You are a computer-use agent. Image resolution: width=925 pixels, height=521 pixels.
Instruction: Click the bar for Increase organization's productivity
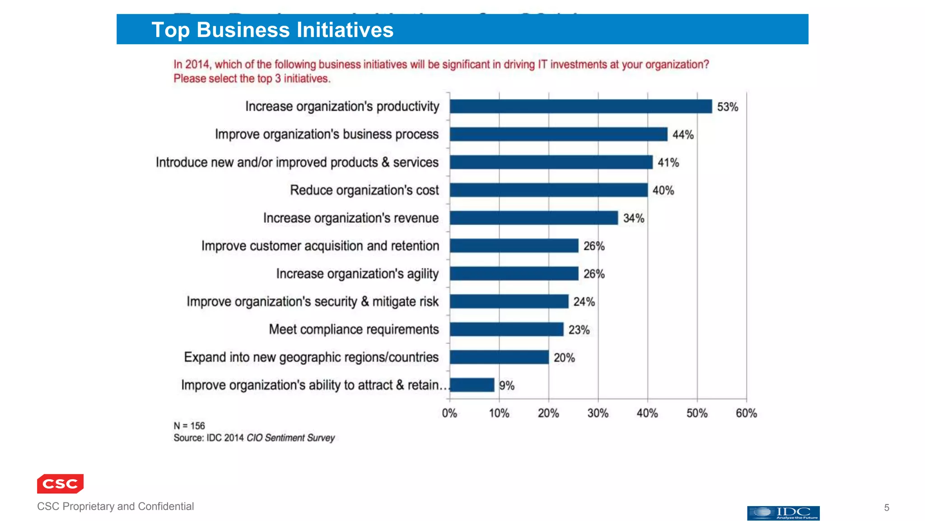[x=580, y=106]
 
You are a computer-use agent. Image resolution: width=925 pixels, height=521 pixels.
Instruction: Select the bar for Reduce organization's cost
[x=548, y=190]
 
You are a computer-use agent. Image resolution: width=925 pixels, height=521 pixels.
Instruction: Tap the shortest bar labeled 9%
[x=472, y=385]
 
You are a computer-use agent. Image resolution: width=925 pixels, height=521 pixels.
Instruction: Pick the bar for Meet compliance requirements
[x=506, y=329]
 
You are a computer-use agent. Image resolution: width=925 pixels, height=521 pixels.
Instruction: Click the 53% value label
[x=727, y=107]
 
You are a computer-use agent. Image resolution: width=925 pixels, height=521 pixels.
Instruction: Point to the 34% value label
[x=633, y=218]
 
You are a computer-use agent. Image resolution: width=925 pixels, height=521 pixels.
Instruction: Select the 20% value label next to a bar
[x=564, y=358]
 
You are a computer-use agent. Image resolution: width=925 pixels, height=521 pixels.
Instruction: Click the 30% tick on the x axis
[x=598, y=413]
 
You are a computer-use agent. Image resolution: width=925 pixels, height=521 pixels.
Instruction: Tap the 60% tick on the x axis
[x=746, y=413]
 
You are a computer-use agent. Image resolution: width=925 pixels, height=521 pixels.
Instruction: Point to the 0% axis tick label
[x=449, y=413]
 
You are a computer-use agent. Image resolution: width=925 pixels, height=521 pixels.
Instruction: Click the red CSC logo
[x=60, y=483]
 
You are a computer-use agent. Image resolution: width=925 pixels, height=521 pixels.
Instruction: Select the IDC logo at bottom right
[x=783, y=513]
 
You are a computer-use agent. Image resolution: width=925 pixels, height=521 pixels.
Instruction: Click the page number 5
[x=887, y=507]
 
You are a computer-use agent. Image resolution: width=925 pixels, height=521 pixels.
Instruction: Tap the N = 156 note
[x=189, y=426]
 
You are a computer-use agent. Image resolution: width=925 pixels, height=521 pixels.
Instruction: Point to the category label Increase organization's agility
[x=357, y=274]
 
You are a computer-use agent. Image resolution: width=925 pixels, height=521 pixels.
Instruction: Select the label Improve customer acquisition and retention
[x=320, y=246]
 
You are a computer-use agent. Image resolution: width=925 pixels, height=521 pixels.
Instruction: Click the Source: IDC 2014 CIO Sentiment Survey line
[x=254, y=438]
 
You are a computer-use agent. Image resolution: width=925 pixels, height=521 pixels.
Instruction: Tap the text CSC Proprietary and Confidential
[x=115, y=506]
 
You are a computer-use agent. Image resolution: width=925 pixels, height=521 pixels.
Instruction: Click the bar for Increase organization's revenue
[x=533, y=218]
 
